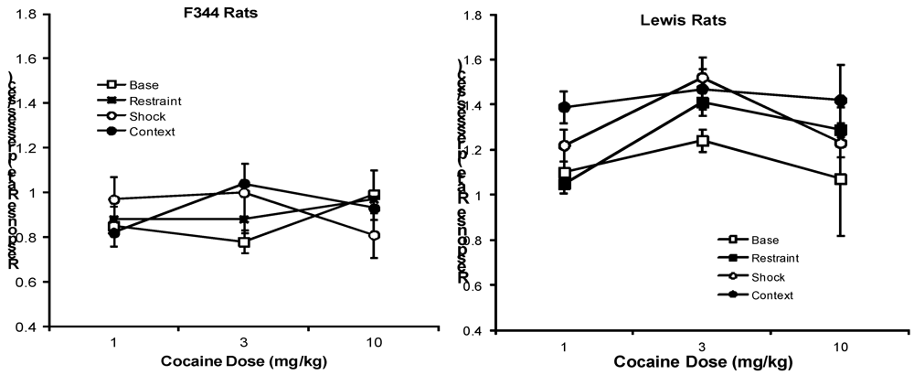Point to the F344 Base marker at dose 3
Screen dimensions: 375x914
(244, 242)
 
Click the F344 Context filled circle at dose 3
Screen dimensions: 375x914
(244, 184)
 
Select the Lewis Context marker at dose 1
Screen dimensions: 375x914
(565, 108)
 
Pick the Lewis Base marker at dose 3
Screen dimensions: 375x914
(703, 141)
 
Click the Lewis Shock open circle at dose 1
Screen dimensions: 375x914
(565, 145)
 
